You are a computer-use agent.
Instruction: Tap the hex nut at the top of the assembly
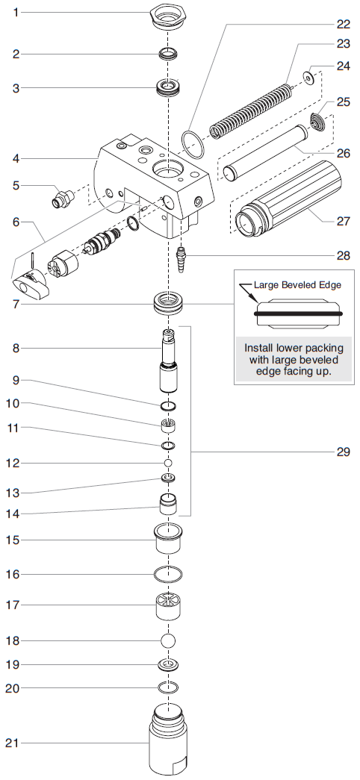click(169, 17)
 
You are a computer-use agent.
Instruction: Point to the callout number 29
click(343, 452)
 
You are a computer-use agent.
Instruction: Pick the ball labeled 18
click(169, 640)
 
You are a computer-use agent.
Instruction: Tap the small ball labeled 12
click(169, 463)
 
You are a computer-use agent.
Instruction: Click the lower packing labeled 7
click(169, 305)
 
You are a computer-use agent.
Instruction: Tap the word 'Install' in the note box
click(261, 348)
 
